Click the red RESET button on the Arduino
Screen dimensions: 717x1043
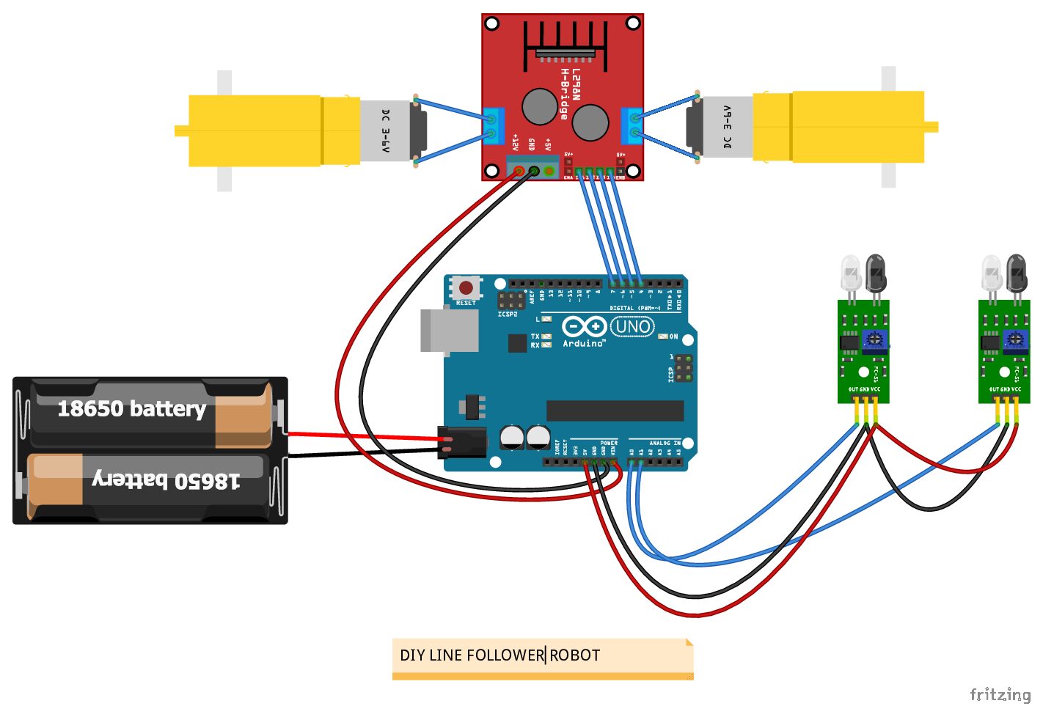[x=466, y=287]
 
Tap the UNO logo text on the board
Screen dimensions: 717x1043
[x=632, y=327]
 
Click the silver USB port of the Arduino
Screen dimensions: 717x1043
[x=448, y=330]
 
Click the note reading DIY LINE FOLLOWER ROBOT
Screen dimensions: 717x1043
[x=542, y=655]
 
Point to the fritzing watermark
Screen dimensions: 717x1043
[x=1000, y=694]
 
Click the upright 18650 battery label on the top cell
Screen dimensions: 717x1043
[x=132, y=409]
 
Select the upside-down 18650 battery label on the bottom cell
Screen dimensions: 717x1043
[x=166, y=479]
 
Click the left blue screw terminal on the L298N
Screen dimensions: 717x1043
[x=494, y=125]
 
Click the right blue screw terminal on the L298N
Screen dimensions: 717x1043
[x=632, y=125]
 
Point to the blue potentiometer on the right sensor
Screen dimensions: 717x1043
[x=1015, y=339]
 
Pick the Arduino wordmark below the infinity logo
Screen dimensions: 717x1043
[x=584, y=343]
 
